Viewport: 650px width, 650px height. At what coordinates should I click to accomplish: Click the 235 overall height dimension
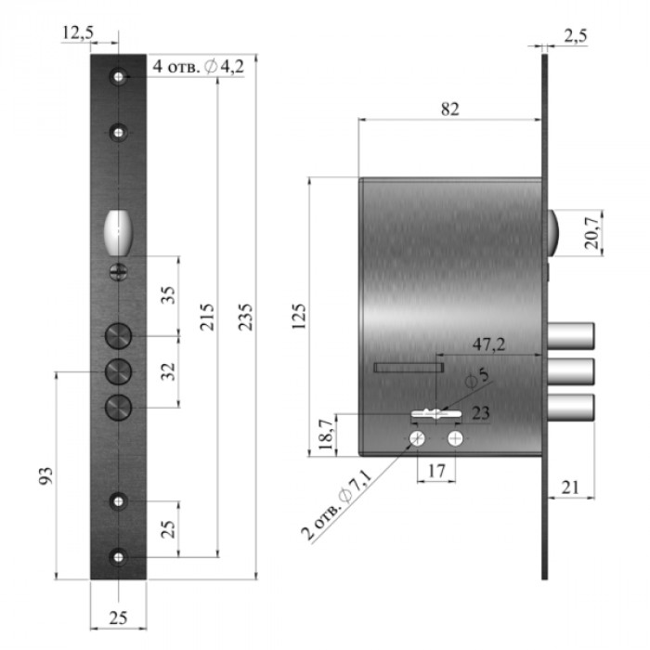pos(245,317)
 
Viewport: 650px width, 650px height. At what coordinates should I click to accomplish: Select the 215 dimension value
pos(207,317)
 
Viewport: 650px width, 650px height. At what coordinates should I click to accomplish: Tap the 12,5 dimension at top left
pos(78,32)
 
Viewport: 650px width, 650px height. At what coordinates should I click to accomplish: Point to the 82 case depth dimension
pos(449,109)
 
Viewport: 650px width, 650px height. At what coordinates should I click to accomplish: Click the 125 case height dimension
pos(299,317)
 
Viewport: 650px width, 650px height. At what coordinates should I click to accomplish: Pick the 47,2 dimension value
pos(489,344)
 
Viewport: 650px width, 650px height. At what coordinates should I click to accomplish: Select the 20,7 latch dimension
pos(592,233)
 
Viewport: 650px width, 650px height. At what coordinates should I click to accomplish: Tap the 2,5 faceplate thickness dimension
pos(576,36)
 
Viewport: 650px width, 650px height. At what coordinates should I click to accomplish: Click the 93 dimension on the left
pos(45,475)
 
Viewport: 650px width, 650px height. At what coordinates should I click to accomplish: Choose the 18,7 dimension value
pos(326,435)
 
